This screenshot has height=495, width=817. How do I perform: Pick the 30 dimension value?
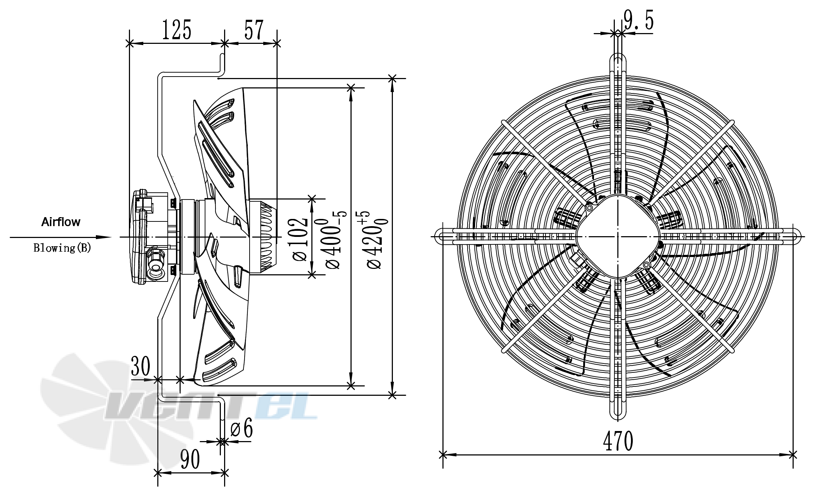140,366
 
